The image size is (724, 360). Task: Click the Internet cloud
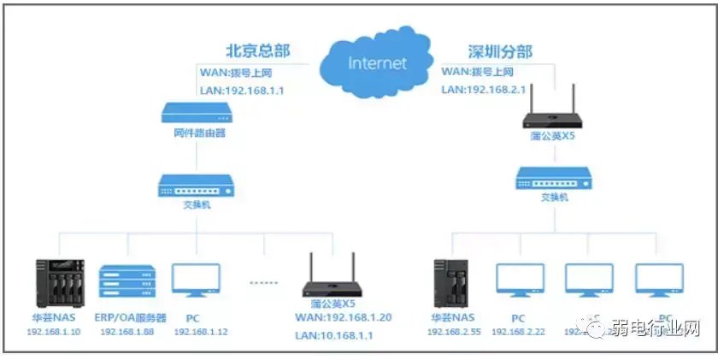tap(376, 62)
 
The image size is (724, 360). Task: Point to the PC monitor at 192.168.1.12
tap(196, 283)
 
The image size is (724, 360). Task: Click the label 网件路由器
tap(197, 134)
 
